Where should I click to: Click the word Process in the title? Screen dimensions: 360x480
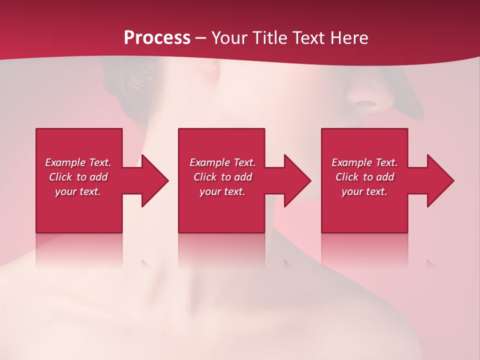pos(157,37)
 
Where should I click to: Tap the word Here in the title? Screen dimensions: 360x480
pos(349,37)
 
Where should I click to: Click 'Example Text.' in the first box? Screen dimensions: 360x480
pos(78,162)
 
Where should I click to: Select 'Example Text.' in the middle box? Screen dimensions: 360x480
pos(222,162)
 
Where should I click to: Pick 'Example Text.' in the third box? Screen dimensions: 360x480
pos(364,162)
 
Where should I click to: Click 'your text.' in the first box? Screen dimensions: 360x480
pos(78,191)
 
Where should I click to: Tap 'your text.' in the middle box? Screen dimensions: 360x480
pos(222,191)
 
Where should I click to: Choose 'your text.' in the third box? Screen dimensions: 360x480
pos(364,191)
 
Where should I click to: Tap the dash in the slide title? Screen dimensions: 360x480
pos(200,38)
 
